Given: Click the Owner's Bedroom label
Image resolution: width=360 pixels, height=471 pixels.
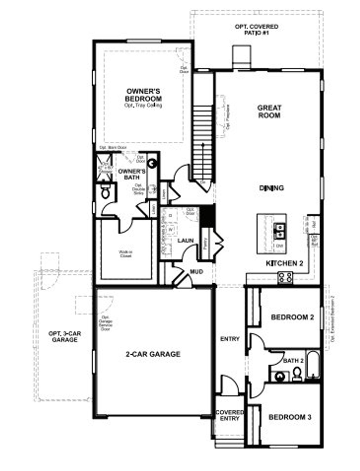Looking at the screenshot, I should [143, 95].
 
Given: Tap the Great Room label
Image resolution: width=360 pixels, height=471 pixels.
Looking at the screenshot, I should [269, 112].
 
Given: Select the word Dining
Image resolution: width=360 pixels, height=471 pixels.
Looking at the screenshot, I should [271, 188].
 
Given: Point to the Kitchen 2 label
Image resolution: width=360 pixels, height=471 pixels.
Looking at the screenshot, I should [284, 263].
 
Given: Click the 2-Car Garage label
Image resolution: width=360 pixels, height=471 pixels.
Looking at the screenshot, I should [153, 354].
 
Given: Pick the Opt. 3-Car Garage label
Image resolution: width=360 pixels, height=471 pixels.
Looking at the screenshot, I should [65, 337].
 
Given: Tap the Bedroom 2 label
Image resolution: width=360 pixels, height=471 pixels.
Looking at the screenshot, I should [292, 317].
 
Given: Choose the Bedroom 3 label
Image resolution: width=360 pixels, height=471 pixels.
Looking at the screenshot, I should [290, 417].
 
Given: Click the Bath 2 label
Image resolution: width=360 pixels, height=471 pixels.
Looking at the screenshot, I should [293, 361].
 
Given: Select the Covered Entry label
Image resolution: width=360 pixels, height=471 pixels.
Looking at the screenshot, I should [229, 415].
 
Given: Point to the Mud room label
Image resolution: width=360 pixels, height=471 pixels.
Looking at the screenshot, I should [197, 272].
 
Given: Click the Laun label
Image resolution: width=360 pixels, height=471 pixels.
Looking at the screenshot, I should [186, 240].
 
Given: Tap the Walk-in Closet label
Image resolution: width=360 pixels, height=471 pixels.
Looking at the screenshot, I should [125, 254].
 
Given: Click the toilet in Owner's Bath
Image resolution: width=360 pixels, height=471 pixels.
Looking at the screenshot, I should [106, 192].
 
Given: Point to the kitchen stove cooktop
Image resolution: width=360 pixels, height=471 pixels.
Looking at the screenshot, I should [285, 278].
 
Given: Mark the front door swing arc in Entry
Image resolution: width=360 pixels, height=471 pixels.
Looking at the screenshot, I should [230, 384].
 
